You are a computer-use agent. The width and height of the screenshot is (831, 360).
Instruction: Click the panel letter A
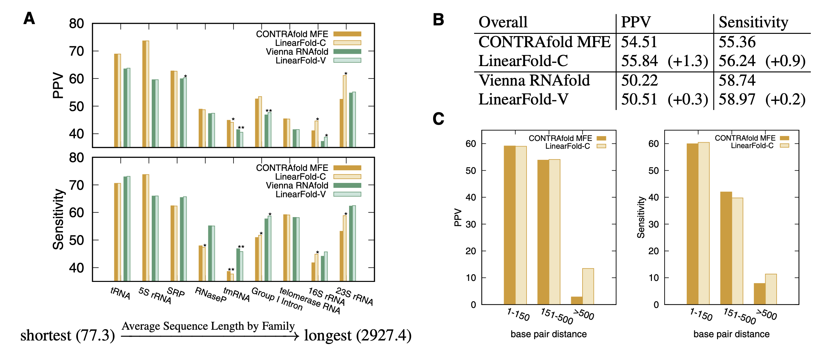pos(29,19)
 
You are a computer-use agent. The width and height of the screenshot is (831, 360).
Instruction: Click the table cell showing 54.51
pos(639,42)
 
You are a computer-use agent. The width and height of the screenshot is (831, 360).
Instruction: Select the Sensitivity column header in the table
pos(753,22)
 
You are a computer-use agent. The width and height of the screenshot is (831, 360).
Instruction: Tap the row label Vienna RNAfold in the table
pos(534,80)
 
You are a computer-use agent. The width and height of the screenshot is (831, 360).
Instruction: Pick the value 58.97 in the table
pos(737,99)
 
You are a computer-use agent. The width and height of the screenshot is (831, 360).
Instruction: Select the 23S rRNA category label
pos(354,296)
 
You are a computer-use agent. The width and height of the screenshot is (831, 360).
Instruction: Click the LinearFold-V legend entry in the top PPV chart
pos(301,61)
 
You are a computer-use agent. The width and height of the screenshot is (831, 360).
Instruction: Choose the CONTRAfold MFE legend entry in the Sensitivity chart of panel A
pos(292,168)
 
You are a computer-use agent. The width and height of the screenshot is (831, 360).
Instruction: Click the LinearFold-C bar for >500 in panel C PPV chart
pos(588,286)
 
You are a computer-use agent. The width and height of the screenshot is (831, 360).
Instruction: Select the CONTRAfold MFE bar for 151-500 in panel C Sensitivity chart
pos(726,248)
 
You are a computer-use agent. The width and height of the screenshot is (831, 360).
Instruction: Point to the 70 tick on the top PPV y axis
pos(77,51)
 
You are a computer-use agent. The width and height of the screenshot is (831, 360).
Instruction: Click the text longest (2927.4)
pos(358,336)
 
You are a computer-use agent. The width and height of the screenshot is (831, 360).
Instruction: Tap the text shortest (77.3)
pos(67,336)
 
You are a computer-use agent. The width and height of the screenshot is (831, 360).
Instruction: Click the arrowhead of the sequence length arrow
pos(296,336)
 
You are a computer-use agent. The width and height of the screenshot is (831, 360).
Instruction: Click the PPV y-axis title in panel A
pos(58,85)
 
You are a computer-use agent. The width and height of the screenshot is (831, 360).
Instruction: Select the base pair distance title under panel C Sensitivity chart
pos(731,334)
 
